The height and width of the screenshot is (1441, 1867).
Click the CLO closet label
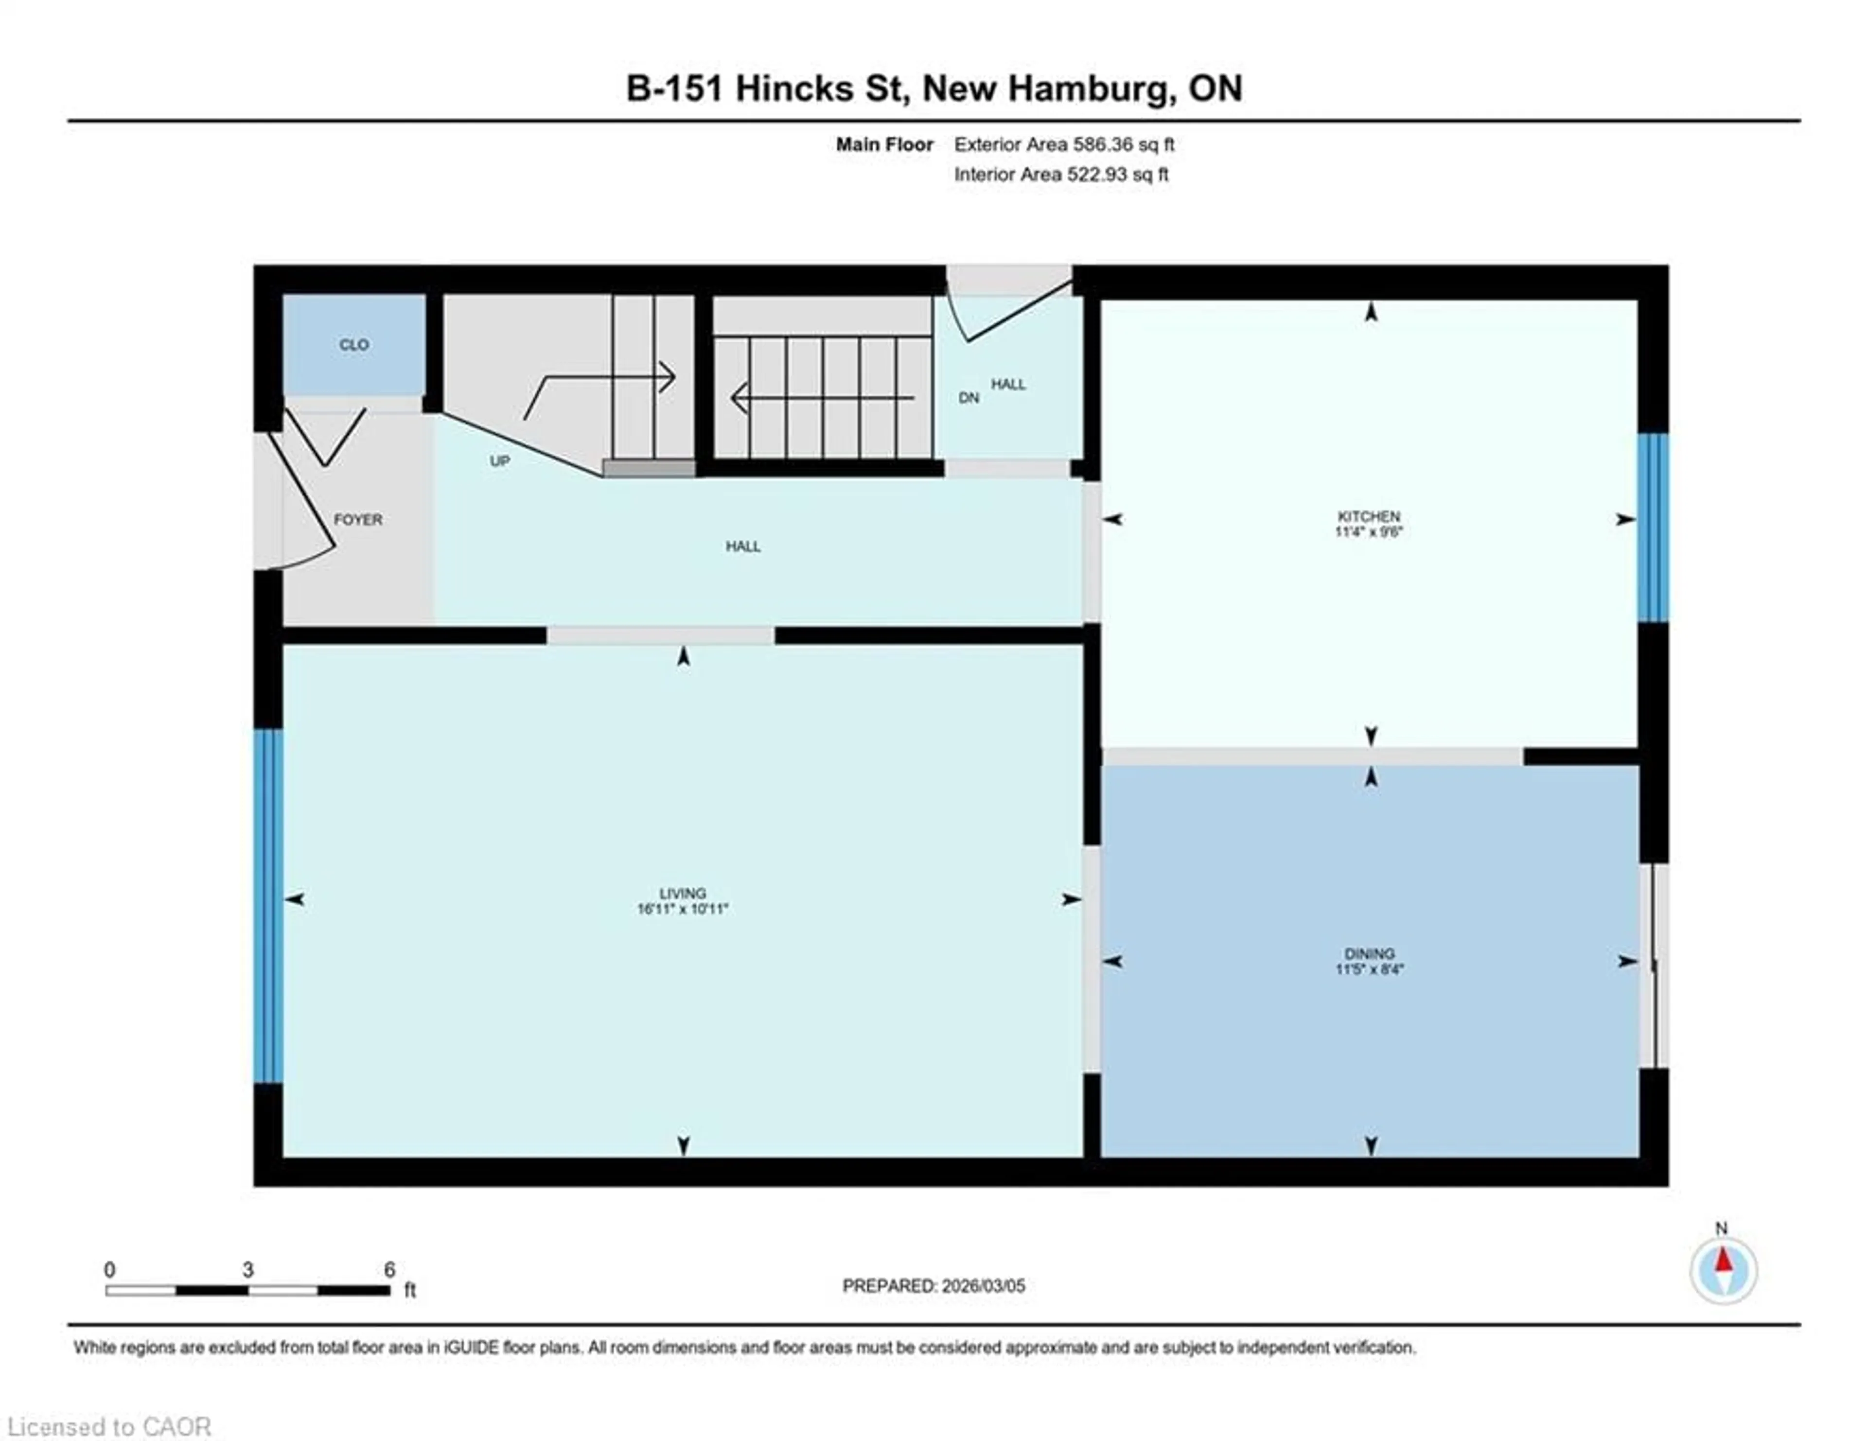354,344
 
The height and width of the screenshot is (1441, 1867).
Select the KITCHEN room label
1369,516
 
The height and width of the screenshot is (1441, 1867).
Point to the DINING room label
1369,953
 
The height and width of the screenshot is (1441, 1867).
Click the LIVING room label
682,893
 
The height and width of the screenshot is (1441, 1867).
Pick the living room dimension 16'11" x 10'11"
682,910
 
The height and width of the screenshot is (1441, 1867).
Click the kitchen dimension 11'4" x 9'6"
1369,531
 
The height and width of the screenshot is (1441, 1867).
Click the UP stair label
500,461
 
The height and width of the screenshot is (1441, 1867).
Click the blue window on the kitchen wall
1653,527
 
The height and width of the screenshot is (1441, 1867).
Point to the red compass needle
1724,1261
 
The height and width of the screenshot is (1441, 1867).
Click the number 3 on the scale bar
248,1269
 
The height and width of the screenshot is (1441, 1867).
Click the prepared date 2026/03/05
982,1285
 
